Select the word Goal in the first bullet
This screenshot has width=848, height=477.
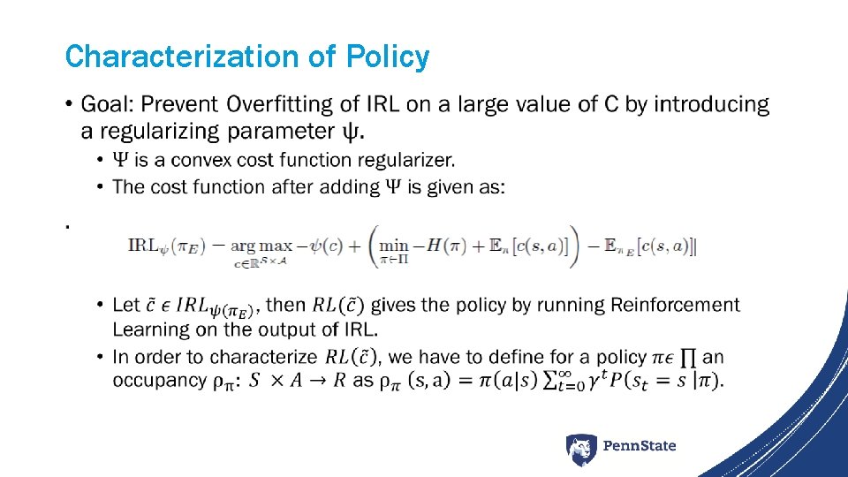pyautogui.click(x=105, y=105)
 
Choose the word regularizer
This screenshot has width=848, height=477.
pyautogui.click(x=409, y=160)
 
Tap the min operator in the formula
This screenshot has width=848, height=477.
pyautogui.click(x=394, y=246)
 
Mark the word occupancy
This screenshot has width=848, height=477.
pyautogui.click(x=155, y=381)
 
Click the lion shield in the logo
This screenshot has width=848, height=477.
pyautogui.click(x=581, y=449)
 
